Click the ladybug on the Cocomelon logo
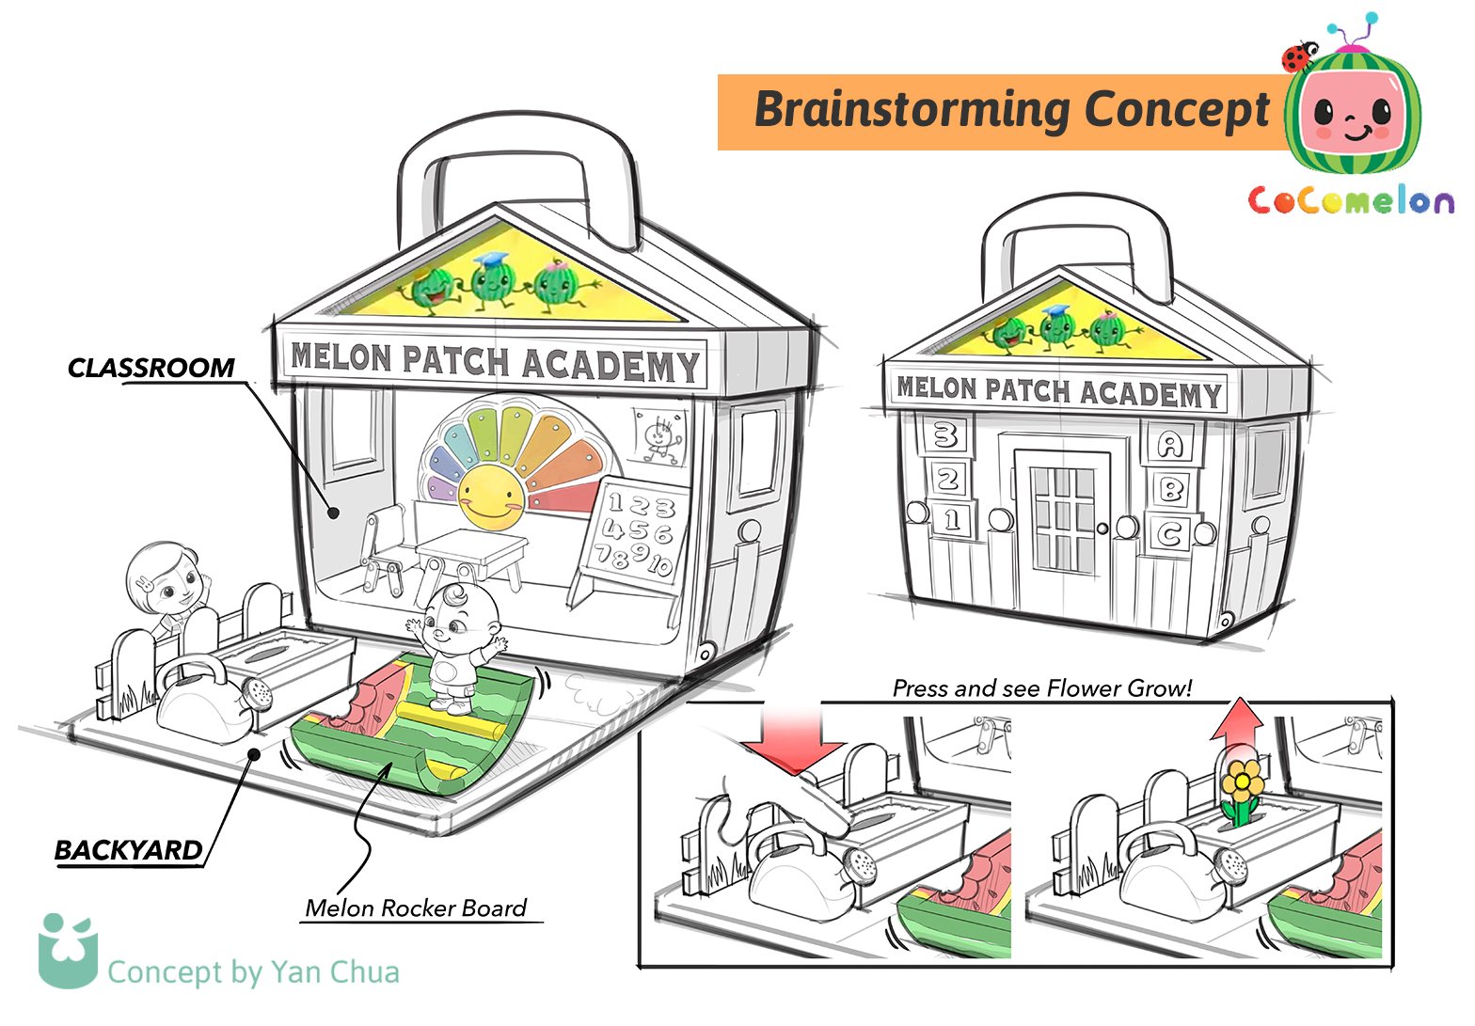click(x=1299, y=56)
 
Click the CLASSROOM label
click(x=151, y=368)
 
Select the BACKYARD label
click(x=129, y=850)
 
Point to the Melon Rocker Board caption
click(x=416, y=908)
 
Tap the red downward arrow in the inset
click(x=792, y=736)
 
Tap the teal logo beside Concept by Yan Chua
click(x=68, y=952)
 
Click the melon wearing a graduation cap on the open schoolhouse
click(x=493, y=279)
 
